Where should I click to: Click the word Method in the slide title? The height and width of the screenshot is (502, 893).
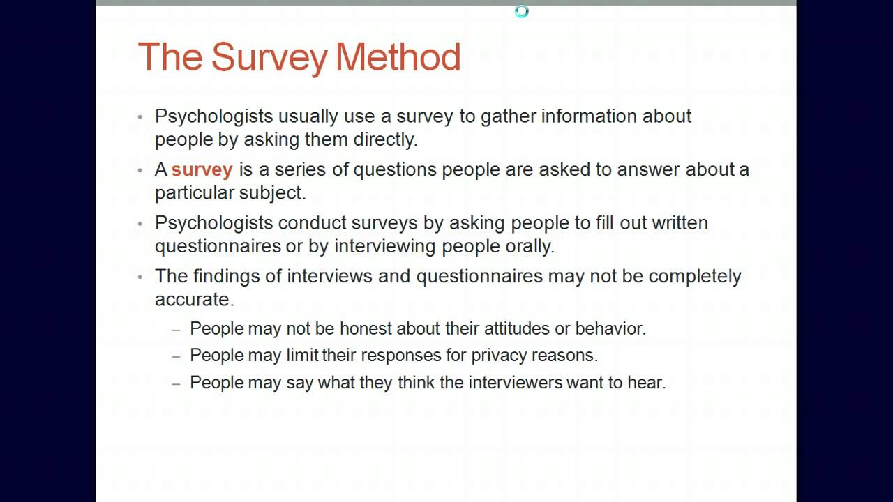(398, 57)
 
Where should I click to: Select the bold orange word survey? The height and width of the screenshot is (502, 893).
(202, 169)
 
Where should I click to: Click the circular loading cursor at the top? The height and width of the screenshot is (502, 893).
(522, 11)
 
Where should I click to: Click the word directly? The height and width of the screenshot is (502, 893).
(384, 139)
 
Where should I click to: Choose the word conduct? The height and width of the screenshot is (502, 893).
(311, 223)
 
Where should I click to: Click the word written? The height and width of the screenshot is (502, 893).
(680, 223)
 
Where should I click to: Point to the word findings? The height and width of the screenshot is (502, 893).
(225, 276)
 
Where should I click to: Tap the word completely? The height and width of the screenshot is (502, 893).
(695, 276)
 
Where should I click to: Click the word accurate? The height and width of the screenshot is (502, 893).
(193, 299)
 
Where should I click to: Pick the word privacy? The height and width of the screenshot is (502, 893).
(499, 356)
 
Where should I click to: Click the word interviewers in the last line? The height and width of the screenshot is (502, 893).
(515, 383)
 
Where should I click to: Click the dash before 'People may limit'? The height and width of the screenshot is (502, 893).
(177, 356)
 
